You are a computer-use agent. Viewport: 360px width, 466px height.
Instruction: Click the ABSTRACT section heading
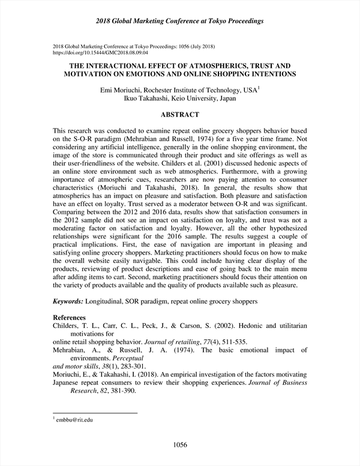[x=180, y=113]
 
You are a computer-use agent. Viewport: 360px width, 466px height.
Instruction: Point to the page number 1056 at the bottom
[x=180, y=445]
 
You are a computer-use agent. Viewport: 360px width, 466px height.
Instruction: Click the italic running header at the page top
[x=180, y=21]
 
